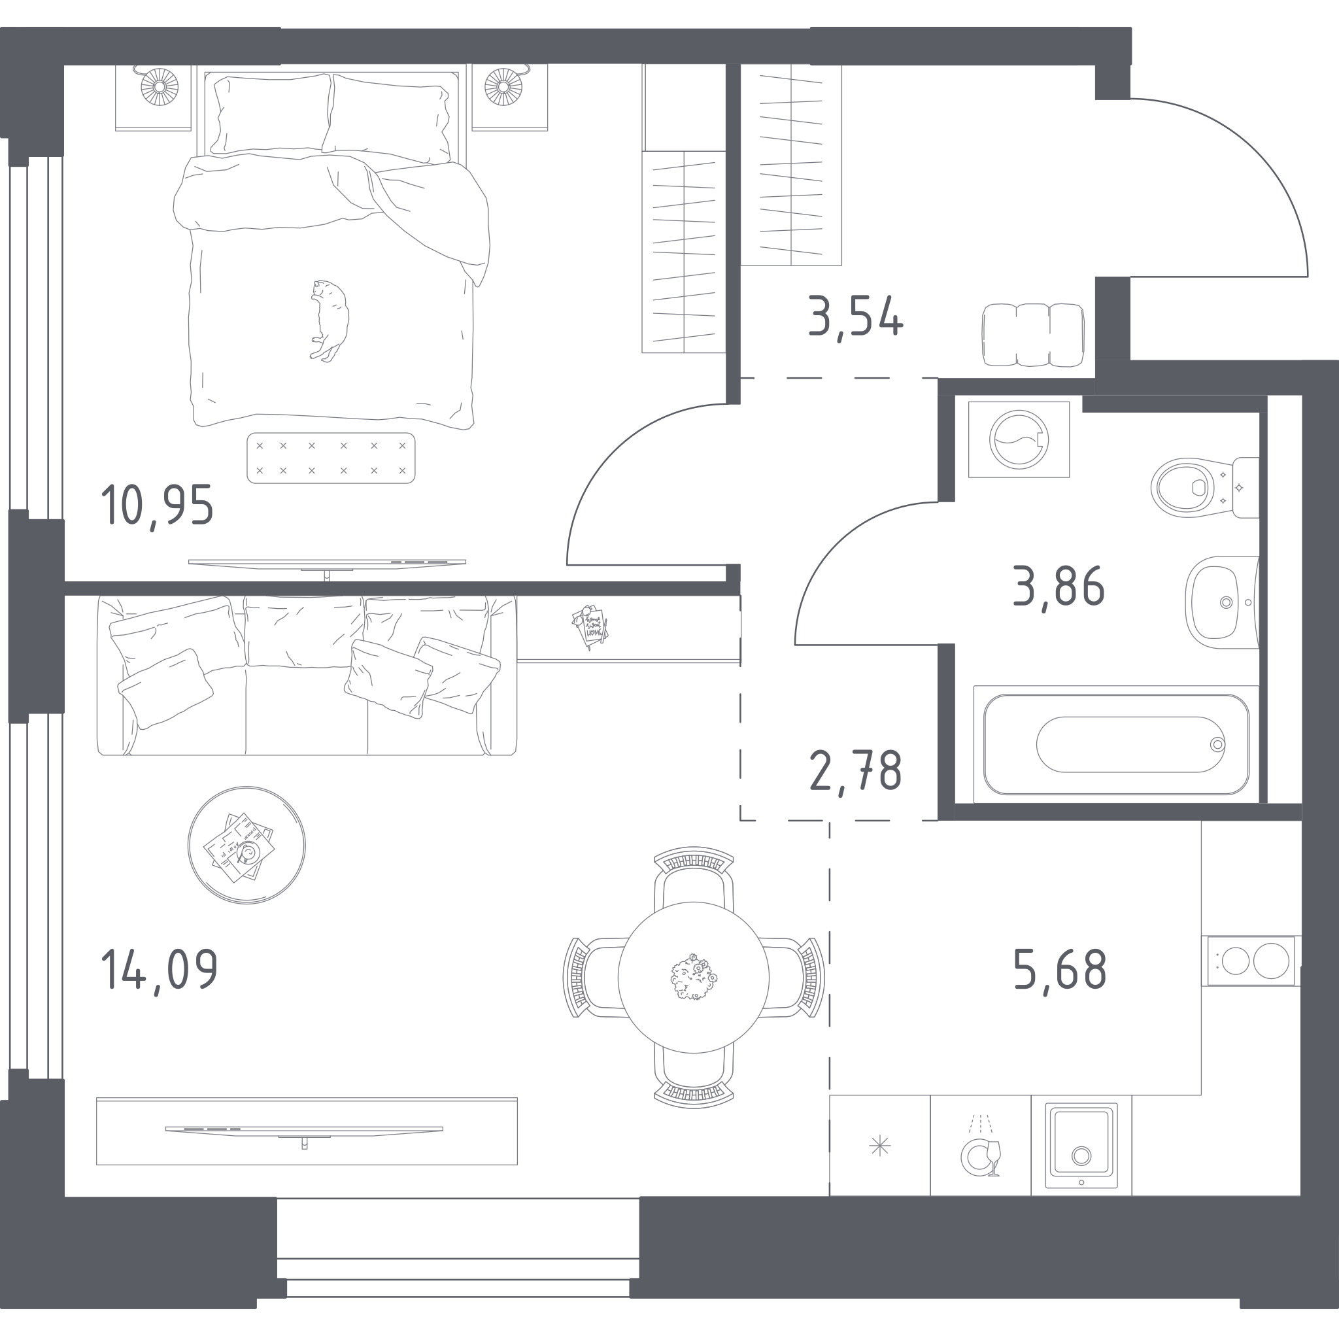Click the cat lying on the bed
click(x=328, y=320)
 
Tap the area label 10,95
click(x=158, y=505)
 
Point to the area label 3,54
click(x=856, y=317)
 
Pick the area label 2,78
click(x=855, y=772)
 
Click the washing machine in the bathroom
click(x=1019, y=439)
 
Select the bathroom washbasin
click(x=1222, y=602)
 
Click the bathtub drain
click(x=1217, y=745)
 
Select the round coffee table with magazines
click(x=246, y=845)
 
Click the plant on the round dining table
click(x=693, y=977)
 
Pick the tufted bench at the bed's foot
click(x=331, y=458)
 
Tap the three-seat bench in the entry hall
click(x=1032, y=335)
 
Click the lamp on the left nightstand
click(x=160, y=86)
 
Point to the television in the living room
click(x=304, y=1129)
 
